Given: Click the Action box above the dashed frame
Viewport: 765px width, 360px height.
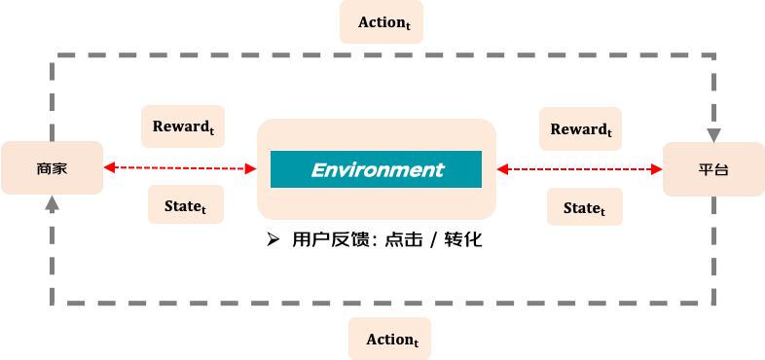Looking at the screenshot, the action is click(x=382, y=22).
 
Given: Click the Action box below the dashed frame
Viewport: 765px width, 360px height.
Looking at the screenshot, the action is click(x=390, y=339).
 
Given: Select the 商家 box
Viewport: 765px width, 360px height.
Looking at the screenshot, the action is click(x=53, y=167).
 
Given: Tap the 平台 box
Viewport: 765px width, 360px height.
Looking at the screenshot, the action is click(x=713, y=169).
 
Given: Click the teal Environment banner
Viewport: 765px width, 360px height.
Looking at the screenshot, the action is click(x=376, y=169).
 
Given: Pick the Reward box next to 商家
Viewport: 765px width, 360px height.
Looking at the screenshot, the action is click(x=183, y=126).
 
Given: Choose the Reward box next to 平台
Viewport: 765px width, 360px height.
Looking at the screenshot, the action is click(x=581, y=128).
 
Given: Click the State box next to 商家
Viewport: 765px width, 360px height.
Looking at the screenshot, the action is click(x=186, y=204).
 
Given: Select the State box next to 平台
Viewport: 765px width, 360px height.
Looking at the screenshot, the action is click(x=585, y=207).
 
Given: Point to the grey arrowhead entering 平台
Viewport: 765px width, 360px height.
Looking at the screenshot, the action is click(x=713, y=135).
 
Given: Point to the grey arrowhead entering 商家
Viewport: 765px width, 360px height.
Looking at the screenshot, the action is click(x=53, y=203).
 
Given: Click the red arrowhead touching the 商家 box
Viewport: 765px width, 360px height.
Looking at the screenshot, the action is click(x=109, y=167).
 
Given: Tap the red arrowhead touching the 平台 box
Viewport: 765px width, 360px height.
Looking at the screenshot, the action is click(x=657, y=169).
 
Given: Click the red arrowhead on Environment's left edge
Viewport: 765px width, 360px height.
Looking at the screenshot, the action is click(x=251, y=168).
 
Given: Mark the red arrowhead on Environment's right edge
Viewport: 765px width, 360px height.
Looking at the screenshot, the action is click(x=502, y=169).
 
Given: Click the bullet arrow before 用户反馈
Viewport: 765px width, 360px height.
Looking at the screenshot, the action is click(x=273, y=239).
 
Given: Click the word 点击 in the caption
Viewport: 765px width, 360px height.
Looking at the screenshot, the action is click(x=404, y=239).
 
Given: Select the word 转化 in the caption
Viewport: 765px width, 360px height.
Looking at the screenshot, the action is click(x=463, y=239).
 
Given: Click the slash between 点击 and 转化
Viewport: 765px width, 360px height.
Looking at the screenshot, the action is click(x=433, y=239).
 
